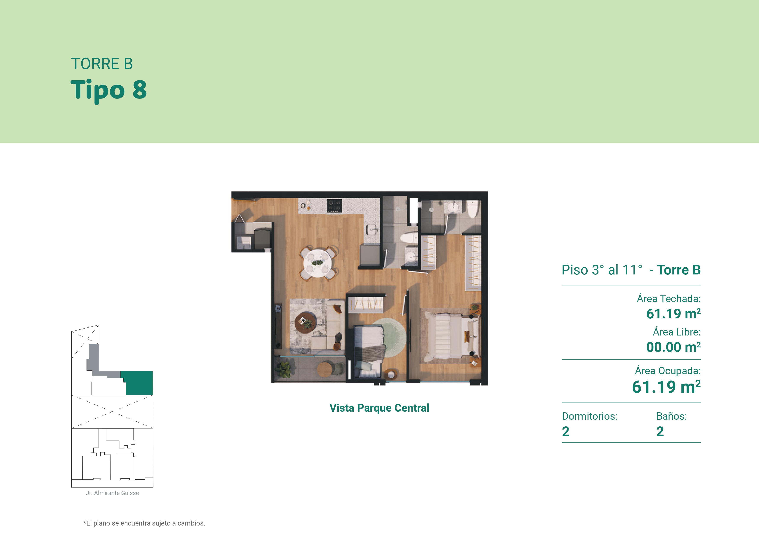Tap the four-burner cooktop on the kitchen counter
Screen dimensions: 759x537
(334, 205)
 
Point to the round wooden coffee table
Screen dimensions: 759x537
(306, 323)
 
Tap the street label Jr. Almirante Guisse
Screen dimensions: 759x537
(112, 493)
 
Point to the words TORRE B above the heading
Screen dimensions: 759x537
(102, 64)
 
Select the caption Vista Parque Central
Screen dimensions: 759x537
(379, 408)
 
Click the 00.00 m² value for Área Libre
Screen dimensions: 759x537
(673, 347)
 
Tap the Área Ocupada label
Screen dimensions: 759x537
(668, 371)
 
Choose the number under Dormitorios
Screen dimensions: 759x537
(566, 432)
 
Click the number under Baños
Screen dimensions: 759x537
(660, 432)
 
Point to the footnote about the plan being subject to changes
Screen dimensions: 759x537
(144, 523)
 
